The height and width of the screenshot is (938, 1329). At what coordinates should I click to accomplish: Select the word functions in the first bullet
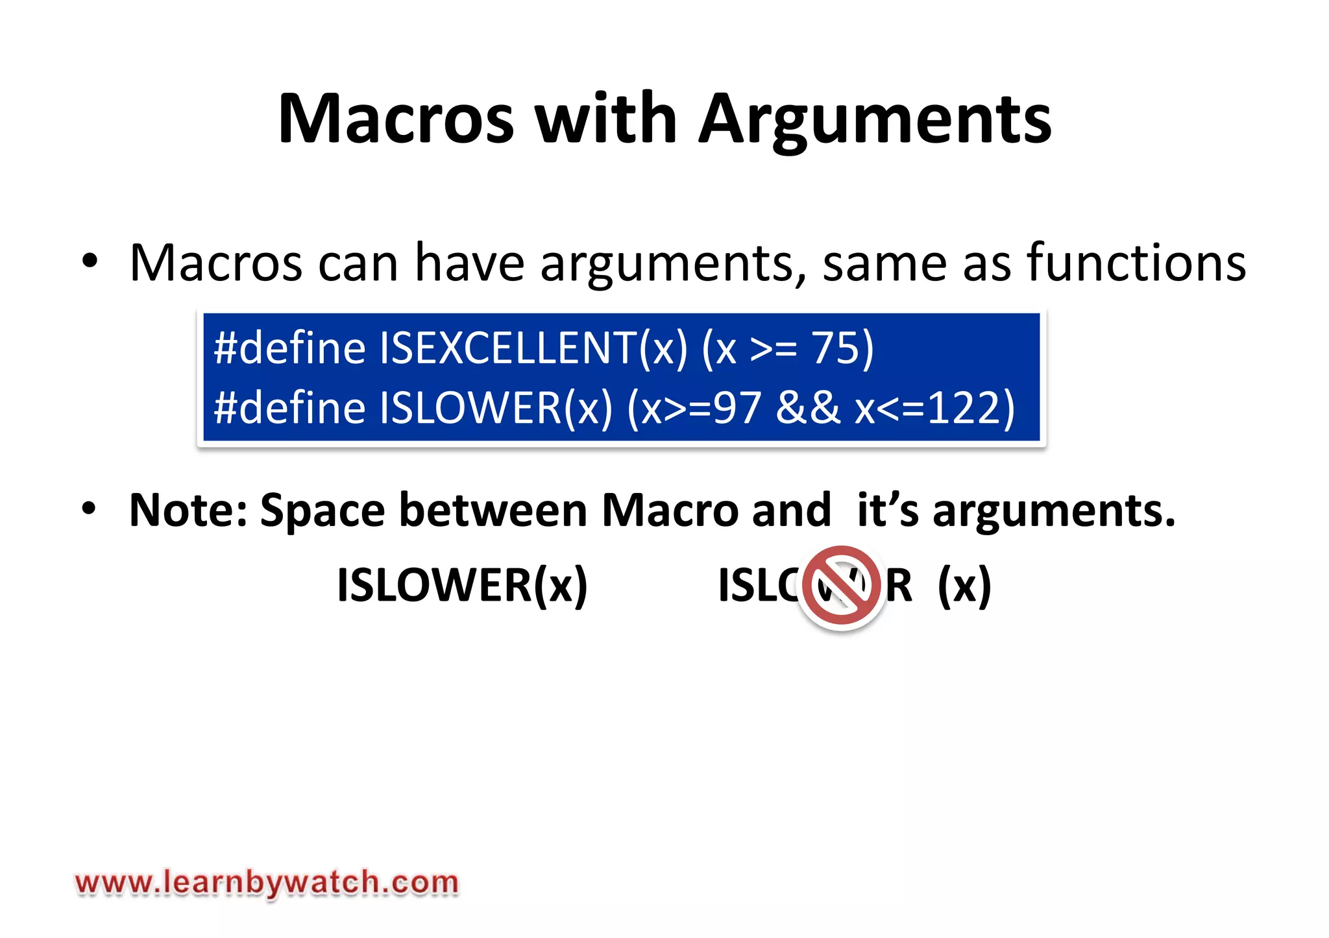pyautogui.click(x=1136, y=262)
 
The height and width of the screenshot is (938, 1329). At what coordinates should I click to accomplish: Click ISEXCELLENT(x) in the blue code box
pyautogui.click(x=533, y=348)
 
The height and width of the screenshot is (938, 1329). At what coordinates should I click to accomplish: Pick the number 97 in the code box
pyautogui.click(x=737, y=408)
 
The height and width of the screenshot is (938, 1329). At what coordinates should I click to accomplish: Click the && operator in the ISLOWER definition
pyautogui.click(x=807, y=408)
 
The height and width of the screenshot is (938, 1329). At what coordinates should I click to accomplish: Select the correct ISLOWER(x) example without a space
pyautogui.click(x=462, y=586)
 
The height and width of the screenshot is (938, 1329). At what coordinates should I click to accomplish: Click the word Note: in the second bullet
pyautogui.click(x=188, y=511)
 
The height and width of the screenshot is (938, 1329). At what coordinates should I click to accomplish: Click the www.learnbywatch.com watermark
pyautogui.click(x=267, y=883)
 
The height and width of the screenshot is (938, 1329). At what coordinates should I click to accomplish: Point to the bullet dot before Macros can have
pyautogui.click(x=90, y=262)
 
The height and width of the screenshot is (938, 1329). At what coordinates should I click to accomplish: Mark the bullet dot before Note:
pyautogui.click(x=90, y=509)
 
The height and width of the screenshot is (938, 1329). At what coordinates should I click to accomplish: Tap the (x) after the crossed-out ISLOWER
pyautogui.click(x=964, y=586)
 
